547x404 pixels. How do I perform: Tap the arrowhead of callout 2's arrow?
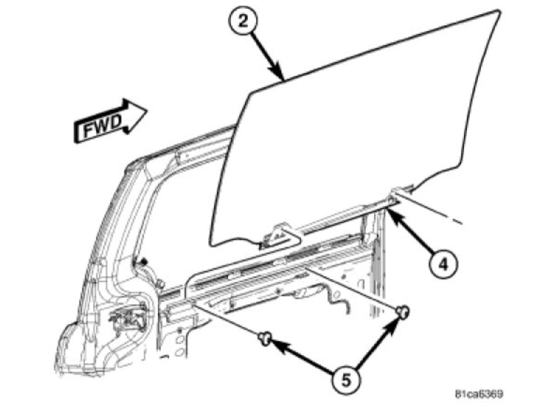tap(282, 78)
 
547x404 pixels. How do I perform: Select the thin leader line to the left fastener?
tap(228, 321)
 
